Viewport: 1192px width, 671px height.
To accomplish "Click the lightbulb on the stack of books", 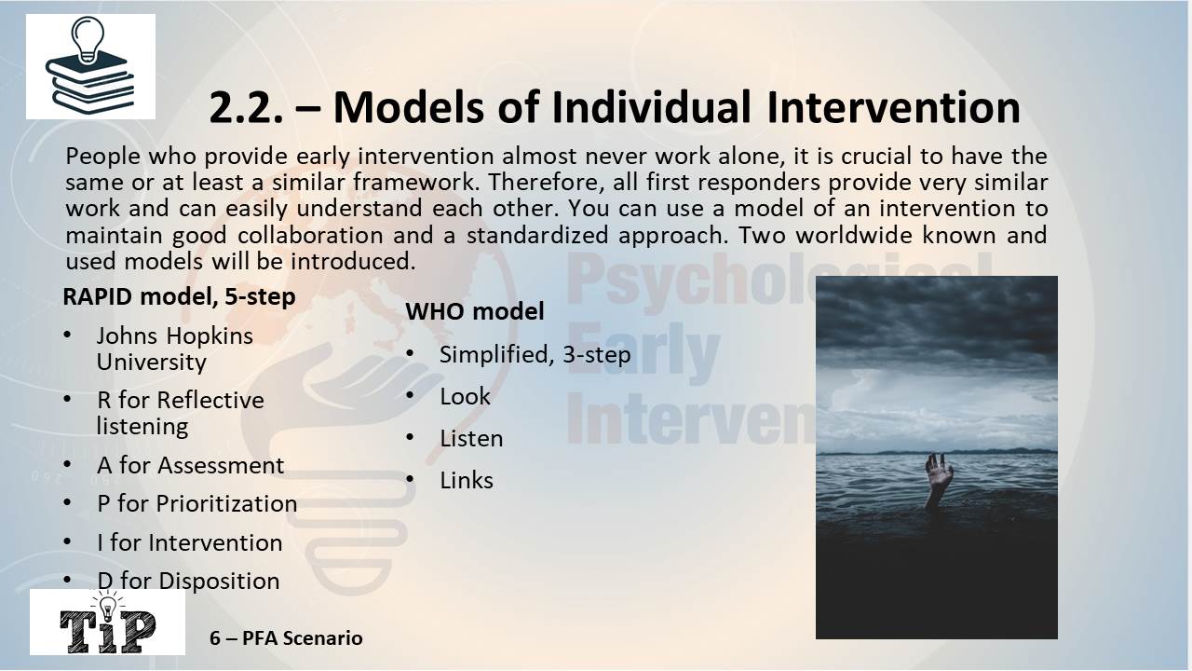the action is point(88,39).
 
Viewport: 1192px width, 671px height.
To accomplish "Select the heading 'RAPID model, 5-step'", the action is point(179,296).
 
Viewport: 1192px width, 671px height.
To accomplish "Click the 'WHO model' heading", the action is point(475,311).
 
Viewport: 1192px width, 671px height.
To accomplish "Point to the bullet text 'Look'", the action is point(465,397).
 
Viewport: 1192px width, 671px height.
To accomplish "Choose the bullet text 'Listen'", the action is point(471,439).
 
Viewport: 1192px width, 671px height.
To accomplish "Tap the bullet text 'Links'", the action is point(467,481).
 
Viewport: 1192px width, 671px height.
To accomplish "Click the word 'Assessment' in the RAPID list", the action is point(221,465).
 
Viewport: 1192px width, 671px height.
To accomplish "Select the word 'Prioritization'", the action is point(226,504).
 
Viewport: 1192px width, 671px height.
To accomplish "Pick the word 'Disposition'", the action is point(219,581).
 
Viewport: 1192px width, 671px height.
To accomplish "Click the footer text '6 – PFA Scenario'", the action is point(286,638).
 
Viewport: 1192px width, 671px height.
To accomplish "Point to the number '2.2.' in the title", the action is point(246,108).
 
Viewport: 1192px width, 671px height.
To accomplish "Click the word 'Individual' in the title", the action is point(651,106).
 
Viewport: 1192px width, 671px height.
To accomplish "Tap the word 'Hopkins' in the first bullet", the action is point(210,336).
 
